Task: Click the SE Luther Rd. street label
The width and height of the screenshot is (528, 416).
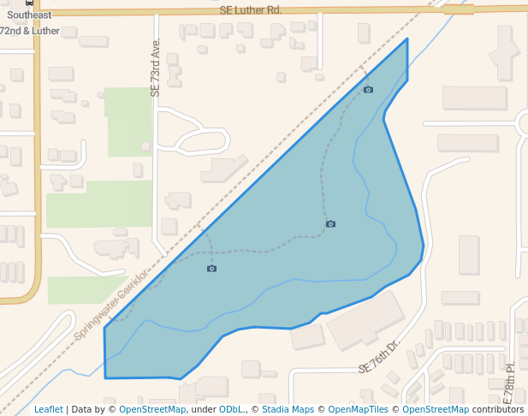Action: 249,10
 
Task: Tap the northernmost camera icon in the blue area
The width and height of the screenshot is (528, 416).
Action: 368,90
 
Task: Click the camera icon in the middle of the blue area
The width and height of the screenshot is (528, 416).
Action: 330,224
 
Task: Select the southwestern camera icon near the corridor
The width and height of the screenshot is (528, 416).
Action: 211,269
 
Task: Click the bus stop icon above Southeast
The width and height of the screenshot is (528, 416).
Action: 30,3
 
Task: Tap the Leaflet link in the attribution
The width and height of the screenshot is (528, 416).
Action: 48,409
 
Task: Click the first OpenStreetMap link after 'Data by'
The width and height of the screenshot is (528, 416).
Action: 152,409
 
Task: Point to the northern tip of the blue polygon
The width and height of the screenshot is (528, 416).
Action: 406,39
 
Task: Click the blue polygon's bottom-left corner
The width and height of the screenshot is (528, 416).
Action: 105,377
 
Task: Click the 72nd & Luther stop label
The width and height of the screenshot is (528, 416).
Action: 29,29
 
